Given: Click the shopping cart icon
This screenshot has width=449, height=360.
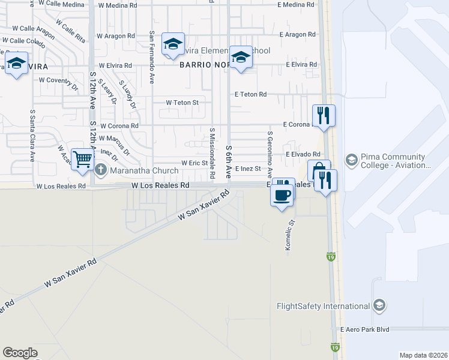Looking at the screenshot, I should [x=82, y=160].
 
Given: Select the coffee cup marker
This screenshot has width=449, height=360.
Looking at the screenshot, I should [x=282, y=194].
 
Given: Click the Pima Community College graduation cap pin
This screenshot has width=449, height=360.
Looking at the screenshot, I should [x=351, y=160].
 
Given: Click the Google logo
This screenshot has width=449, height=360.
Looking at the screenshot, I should [x=20, y=353].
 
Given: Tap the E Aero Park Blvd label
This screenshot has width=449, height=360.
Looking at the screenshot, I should [x=364, y=329].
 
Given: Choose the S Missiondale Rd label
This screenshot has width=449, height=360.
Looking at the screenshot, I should [x=212, y=152].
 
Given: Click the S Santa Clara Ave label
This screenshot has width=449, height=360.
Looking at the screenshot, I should [x=31, y=136].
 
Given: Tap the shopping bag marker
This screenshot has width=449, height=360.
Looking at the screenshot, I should [x=318, y=170].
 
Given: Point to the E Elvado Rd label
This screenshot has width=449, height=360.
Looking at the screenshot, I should [x=303, y=154].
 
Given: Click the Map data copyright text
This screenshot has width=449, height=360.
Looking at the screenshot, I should [x=423, y=355].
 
